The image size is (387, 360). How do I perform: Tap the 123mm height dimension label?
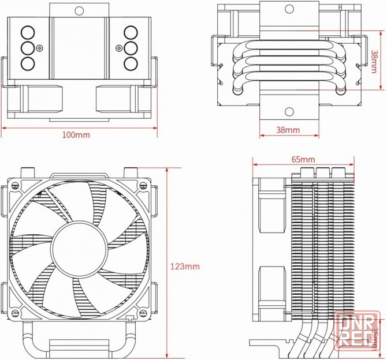pyautogui.click(x=185, y=267)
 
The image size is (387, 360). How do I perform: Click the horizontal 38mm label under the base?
pyautogui.click(x=288, y=130)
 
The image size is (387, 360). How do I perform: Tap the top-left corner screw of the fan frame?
pyautogui.click(x=13, y=185)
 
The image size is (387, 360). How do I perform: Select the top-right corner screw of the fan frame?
pyautogui.click(x=142, y=185)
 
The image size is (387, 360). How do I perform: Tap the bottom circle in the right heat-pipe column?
pyautogui.click(x=131, y=62)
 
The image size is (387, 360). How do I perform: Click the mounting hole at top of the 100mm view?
pyautogui.click(x=80, y=10)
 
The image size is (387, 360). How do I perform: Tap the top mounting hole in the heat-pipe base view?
pyautogui.click(x=288, y=9)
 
